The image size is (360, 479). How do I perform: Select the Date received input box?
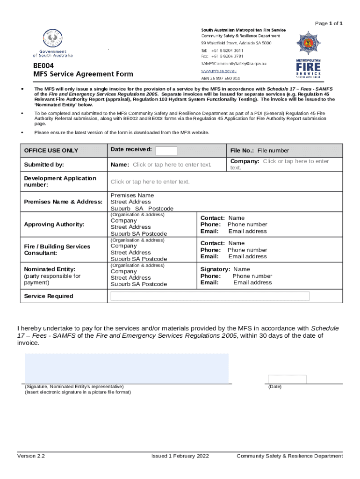[166, 151]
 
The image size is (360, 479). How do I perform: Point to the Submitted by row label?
[44, 165]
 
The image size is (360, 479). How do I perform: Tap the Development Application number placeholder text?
[150, 181]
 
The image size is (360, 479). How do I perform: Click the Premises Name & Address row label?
[63, 202]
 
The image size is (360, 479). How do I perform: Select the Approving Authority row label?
[54, 225]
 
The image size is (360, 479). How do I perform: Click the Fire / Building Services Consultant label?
[57, 250]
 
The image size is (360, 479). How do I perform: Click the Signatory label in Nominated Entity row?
[215, 269]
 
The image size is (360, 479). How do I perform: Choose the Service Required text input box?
[210, 296]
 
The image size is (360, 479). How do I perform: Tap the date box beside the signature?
[287, 379]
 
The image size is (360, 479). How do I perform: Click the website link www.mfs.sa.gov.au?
[218, 71]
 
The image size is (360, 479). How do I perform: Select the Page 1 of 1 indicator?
[329, 23]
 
